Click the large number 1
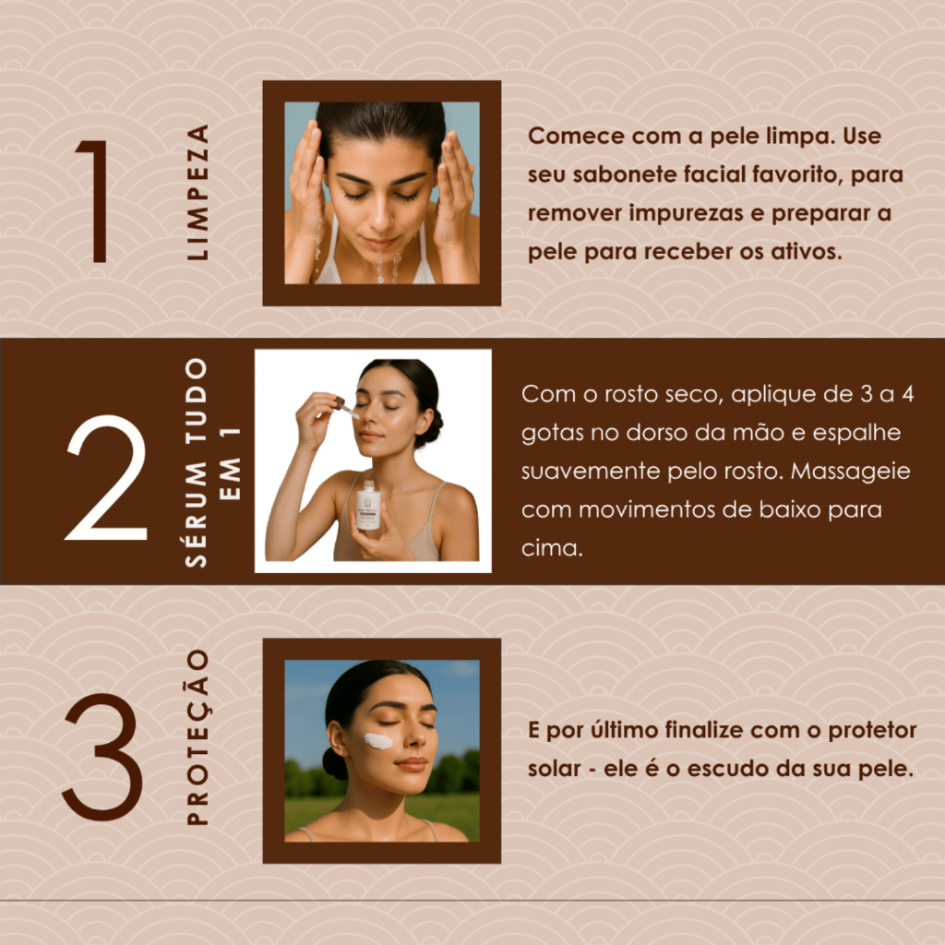tap(96, 201)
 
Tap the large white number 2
tap(107, 477)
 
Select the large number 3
tap(102, 757)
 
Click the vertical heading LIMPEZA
tap(197, 192)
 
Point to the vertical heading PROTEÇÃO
tap(197, 737)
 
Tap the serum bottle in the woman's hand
tap(367, 506)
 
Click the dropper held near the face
tap(347, 408)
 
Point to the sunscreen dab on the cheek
tap(377, 741)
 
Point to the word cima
tap(552, 548)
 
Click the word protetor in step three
tap(872, 731)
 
